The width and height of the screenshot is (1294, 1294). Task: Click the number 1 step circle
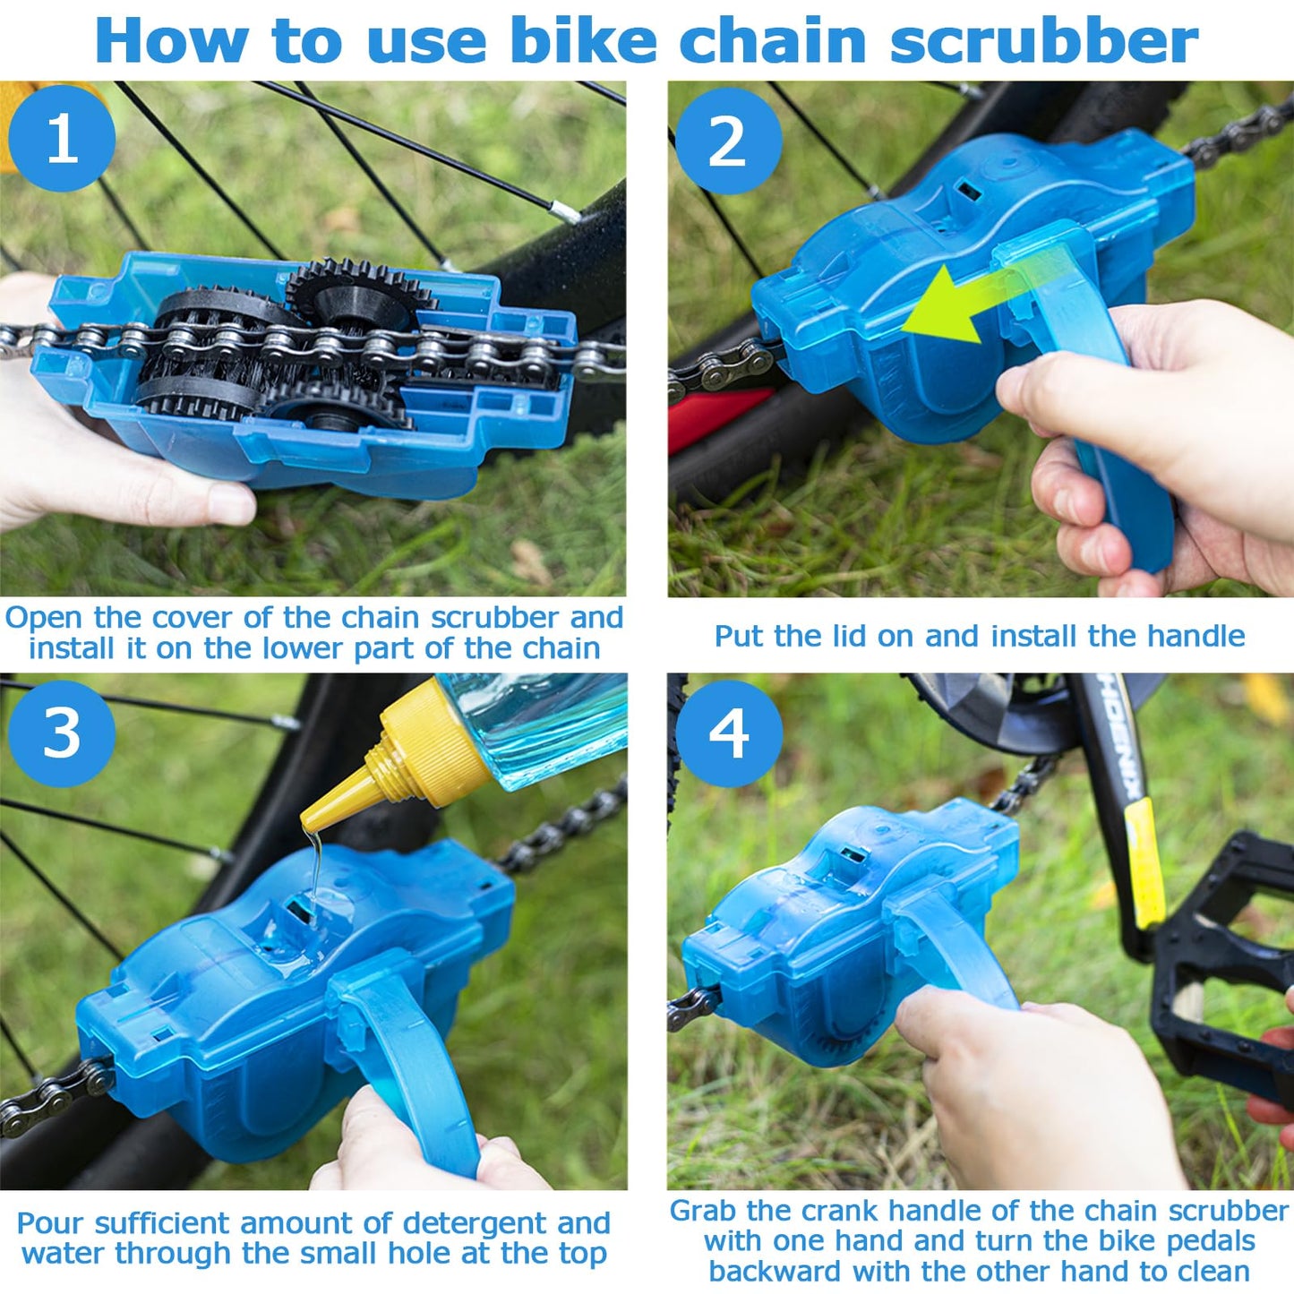click(x=62, y=138)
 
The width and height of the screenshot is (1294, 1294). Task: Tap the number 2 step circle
click(x=728, y=141)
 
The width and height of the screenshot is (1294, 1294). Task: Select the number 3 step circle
click(x=62, y=733)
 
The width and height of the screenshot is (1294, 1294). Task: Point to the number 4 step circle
click(x=728, y=733)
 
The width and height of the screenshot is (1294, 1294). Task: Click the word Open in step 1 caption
click(x=44, y=618)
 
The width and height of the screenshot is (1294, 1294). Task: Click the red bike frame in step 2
click(x=716, y=416)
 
